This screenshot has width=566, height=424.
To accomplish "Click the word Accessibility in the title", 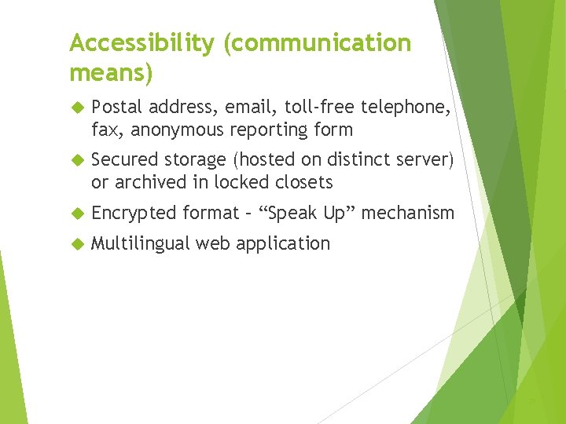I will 141,44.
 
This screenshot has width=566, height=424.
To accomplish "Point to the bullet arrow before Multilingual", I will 76,244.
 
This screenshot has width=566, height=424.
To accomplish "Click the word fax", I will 106,130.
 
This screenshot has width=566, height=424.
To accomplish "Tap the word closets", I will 306,182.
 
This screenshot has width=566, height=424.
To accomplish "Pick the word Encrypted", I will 134,213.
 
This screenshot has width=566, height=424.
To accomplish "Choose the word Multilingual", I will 140,243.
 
